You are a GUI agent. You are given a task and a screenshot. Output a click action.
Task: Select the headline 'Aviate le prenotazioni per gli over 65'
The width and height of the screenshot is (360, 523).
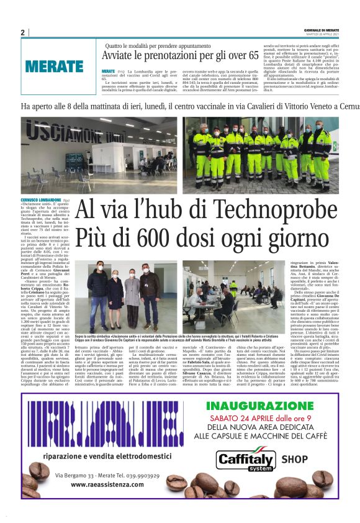[181, 56]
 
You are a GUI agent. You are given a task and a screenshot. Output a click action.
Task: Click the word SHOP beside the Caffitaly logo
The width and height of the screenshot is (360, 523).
[294, 460]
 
